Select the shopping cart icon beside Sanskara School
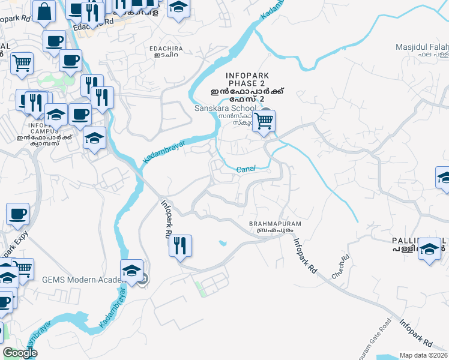pyautogui.click(x=263, y=122)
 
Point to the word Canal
pyautogui.click(x=246, y=169)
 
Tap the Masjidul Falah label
pyautogui.click(x=422, y=47)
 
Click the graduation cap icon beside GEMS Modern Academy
pyautogui.click(x=132, y=271)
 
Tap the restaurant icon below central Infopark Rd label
pyautogui.click(x=180, y=246)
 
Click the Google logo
pyautogui.click(x=20, y=353)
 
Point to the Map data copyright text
pyautogui.click(x=424, y=355)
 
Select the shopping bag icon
pyautogui.click(x=44, y=11)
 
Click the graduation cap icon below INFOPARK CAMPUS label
pyautogui.click(x=95, y=139)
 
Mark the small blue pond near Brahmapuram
pyautogui.click(x=223, y=243)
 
